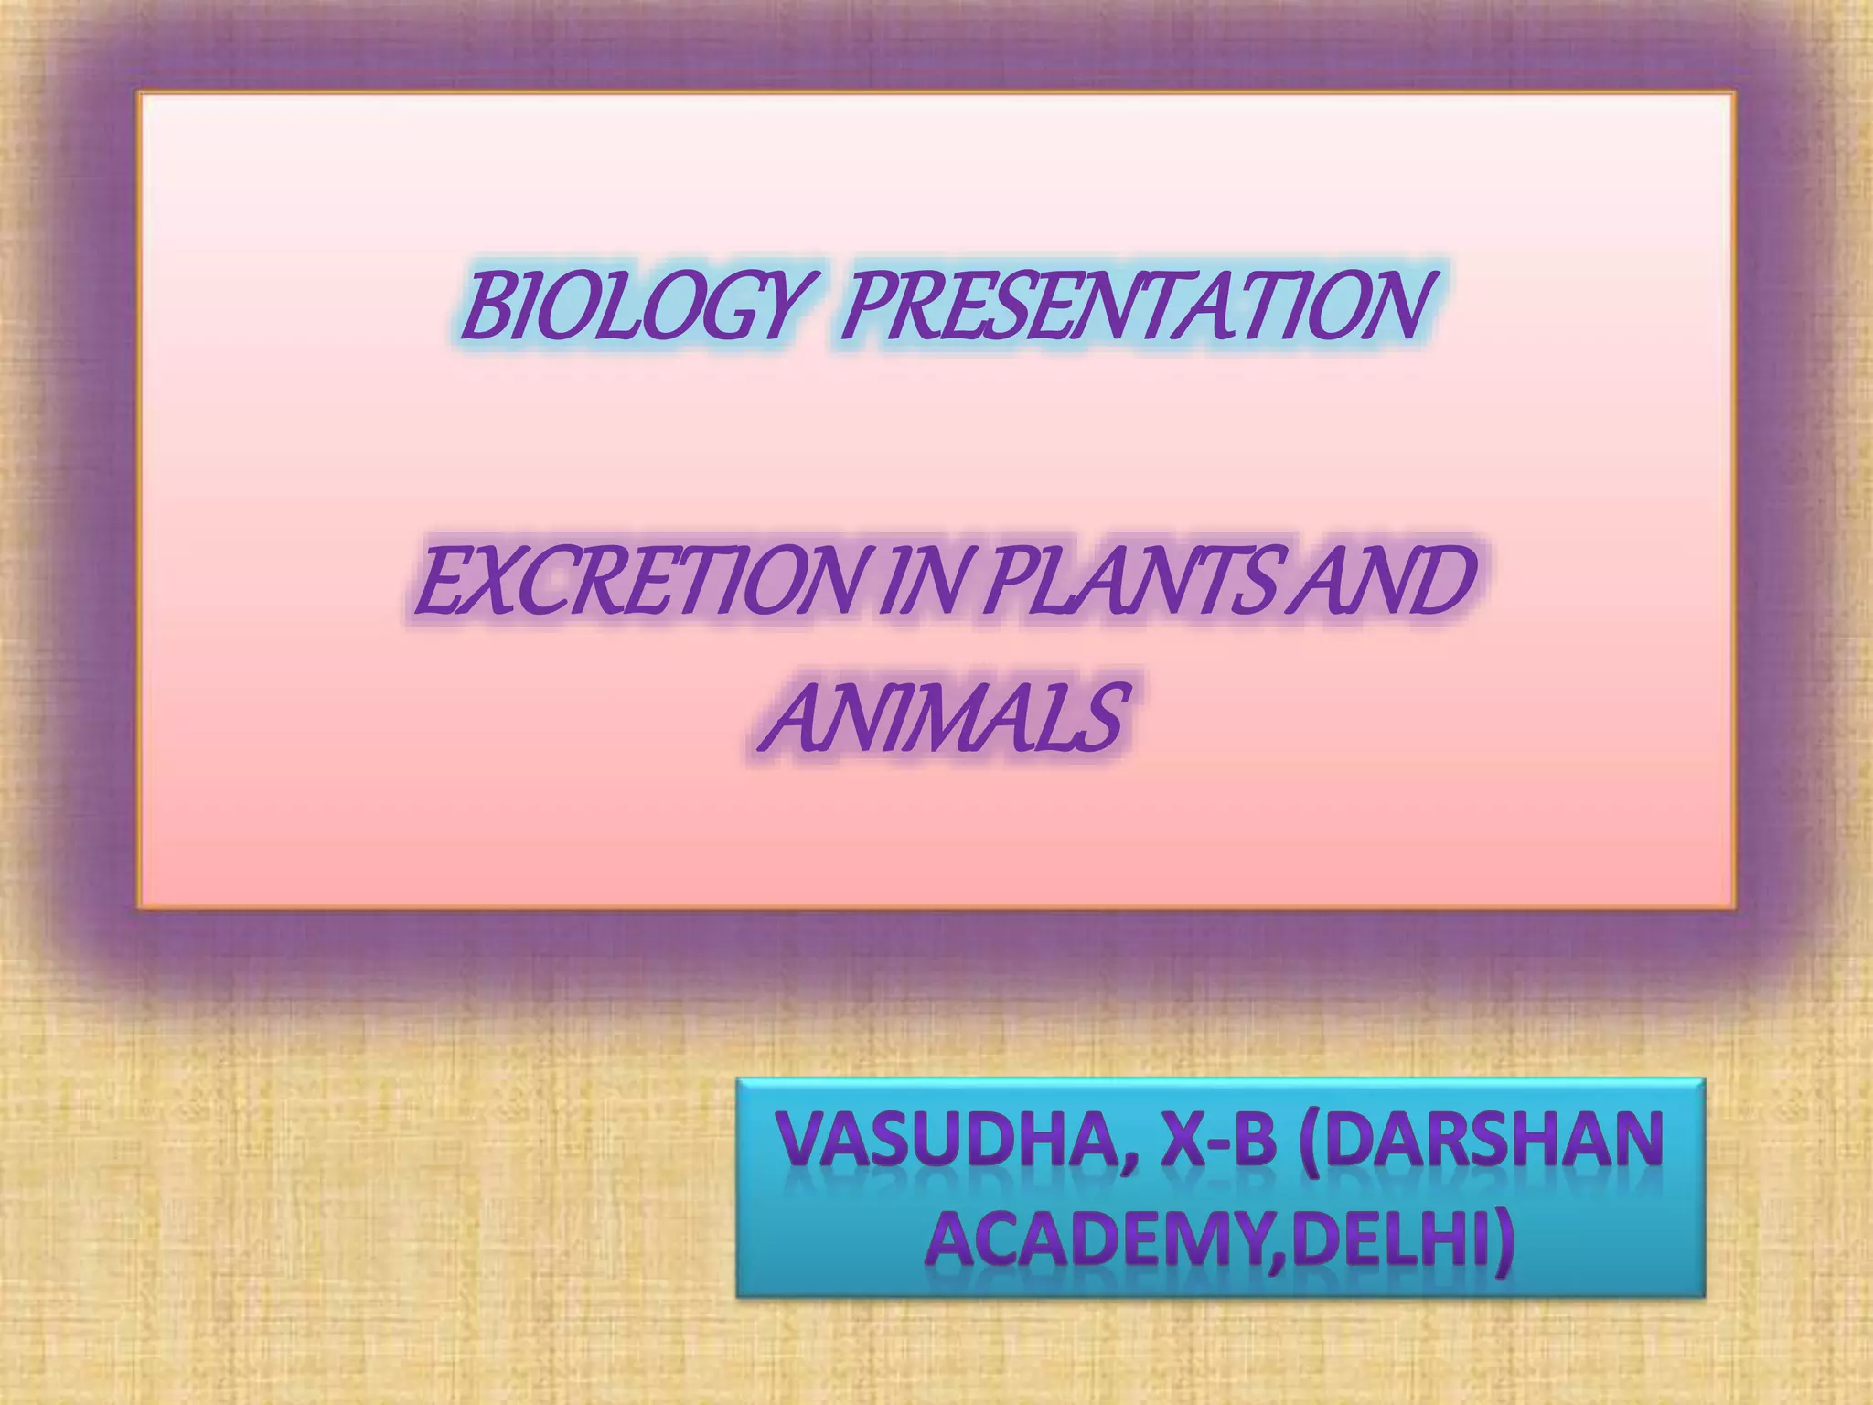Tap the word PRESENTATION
(1134, 306)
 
